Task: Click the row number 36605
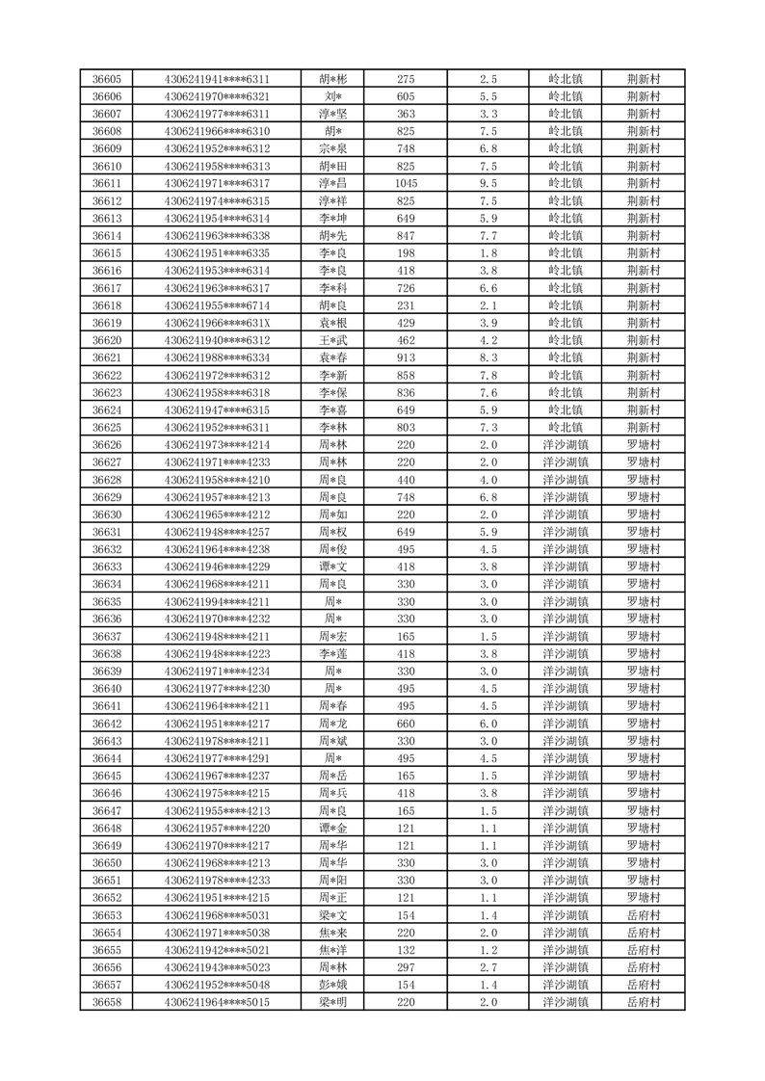106,79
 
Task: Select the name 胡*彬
333,79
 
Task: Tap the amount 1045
406,184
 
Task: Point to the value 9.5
488,184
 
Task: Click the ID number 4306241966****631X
217,323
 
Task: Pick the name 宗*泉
333,148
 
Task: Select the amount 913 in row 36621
406,357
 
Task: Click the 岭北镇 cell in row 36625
566,428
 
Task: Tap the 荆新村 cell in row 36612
643,201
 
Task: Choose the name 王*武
333,340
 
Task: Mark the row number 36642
106,724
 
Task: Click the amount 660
406,724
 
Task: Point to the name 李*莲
333,654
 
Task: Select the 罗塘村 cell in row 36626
643,445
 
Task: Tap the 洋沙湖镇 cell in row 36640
566,689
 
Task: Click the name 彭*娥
333,986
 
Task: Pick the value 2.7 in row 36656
488,968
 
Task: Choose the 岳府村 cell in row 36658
643,1003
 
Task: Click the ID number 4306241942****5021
217,950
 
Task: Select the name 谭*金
333,829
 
